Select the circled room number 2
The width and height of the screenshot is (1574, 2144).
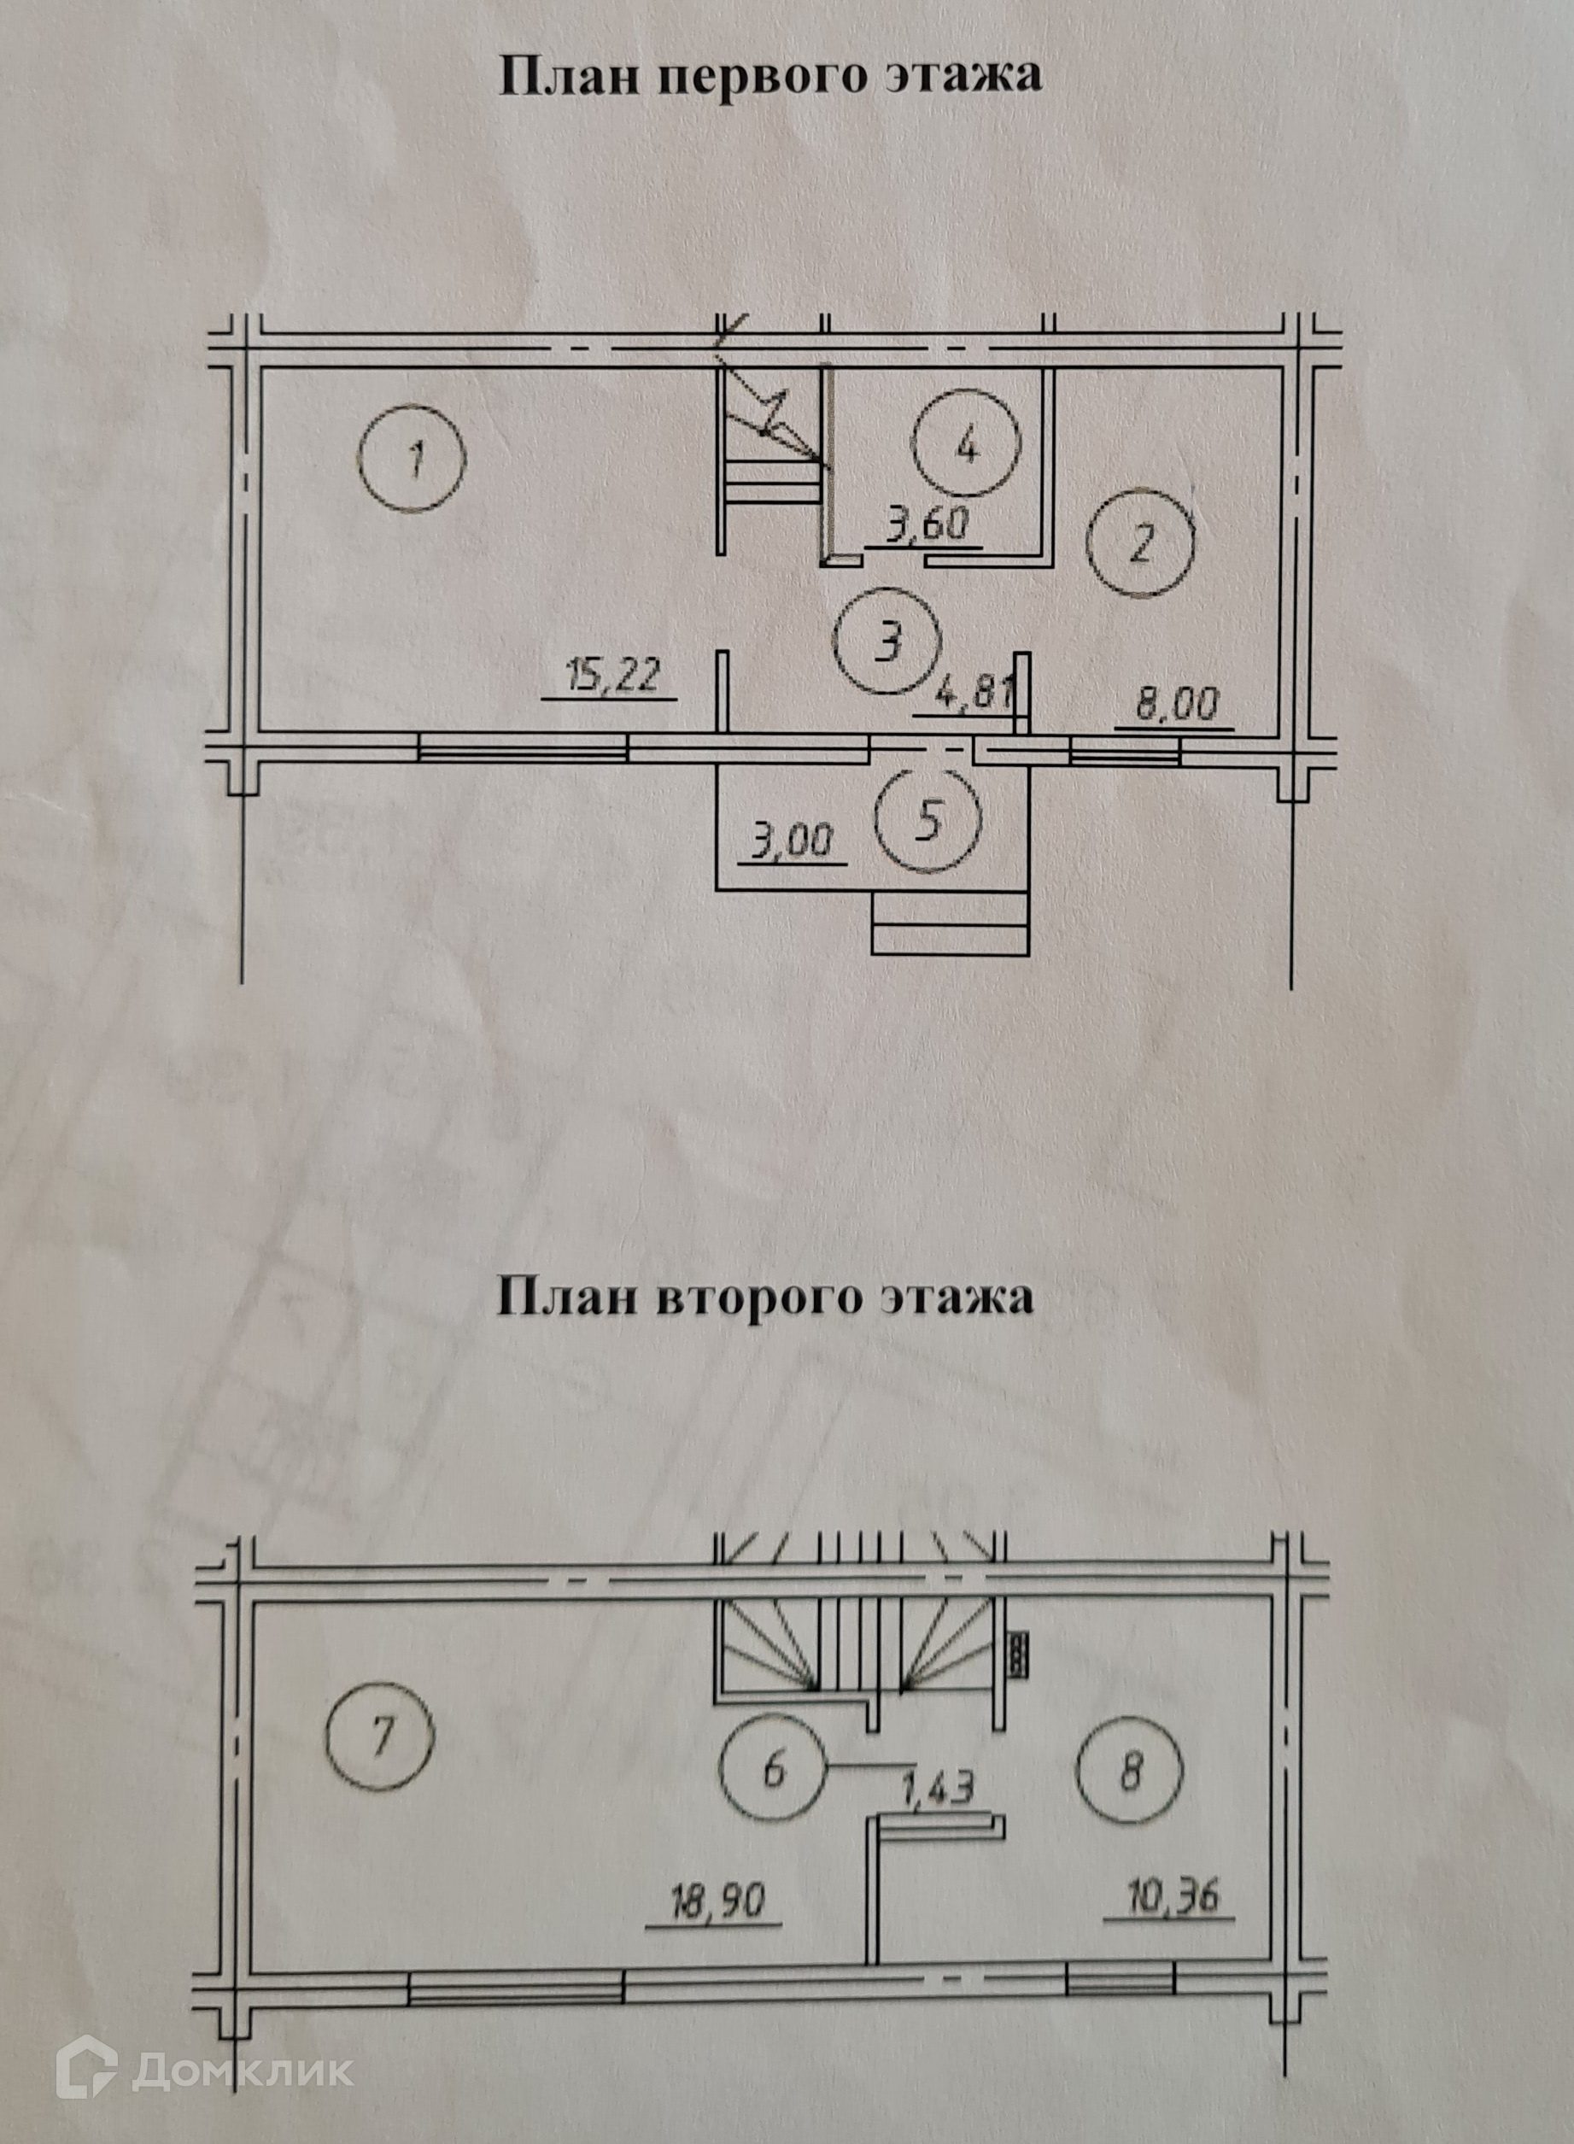[x=1140, y=544]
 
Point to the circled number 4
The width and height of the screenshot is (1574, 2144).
[x=966, y=444]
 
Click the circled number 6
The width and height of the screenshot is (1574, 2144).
[x=773, y=1771]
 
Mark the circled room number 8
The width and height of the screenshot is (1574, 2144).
[x=1129, y=1772]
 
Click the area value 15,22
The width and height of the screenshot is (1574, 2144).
[x=611, y=677]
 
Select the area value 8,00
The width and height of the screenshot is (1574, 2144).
[x=1176, y=706]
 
